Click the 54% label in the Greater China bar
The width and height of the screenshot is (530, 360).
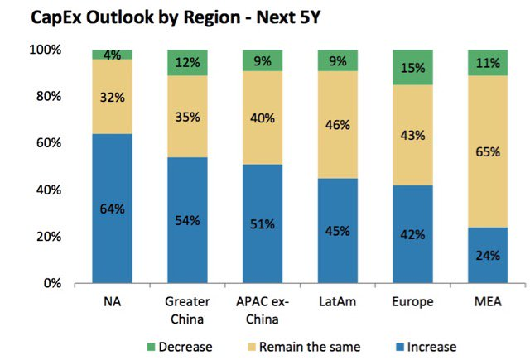(187, 221)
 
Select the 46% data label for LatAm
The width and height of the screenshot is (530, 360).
(336, 126)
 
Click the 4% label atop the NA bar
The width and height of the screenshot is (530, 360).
(113, 55)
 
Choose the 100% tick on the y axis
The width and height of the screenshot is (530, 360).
(46, 50)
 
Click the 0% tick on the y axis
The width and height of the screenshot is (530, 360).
(53, 283)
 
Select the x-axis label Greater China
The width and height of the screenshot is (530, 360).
(187, 310)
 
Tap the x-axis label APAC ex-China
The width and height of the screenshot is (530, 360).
(262, 310)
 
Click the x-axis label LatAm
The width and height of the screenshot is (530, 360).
(336, 302)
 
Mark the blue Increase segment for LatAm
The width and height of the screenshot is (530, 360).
(336, 231)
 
